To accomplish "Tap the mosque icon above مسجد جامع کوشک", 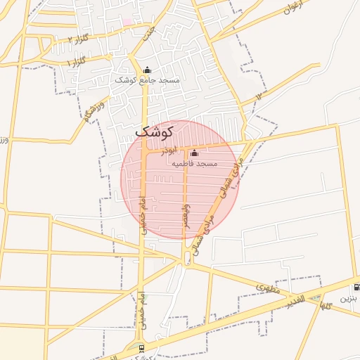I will pyautogui.click(x=147, y=70).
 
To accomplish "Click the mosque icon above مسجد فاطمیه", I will pyautogui.click(x=195, y=153).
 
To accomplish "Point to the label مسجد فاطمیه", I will pyautogui.click(x=195, y=163).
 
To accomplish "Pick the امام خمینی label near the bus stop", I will pyautogui.click(x=141, y=307).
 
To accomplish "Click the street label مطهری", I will pyautogui.click(x=267, y=288).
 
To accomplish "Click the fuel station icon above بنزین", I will pyautogui.click(x=356, y=287).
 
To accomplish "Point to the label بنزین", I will pyautogui.click(x=349, y=298).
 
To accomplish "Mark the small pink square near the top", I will pyautogui.click(x=127, y=22).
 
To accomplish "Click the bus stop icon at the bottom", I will pyautogui.click(x=141, y=348).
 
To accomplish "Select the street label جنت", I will pyautogui.click(x=148, y=32).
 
